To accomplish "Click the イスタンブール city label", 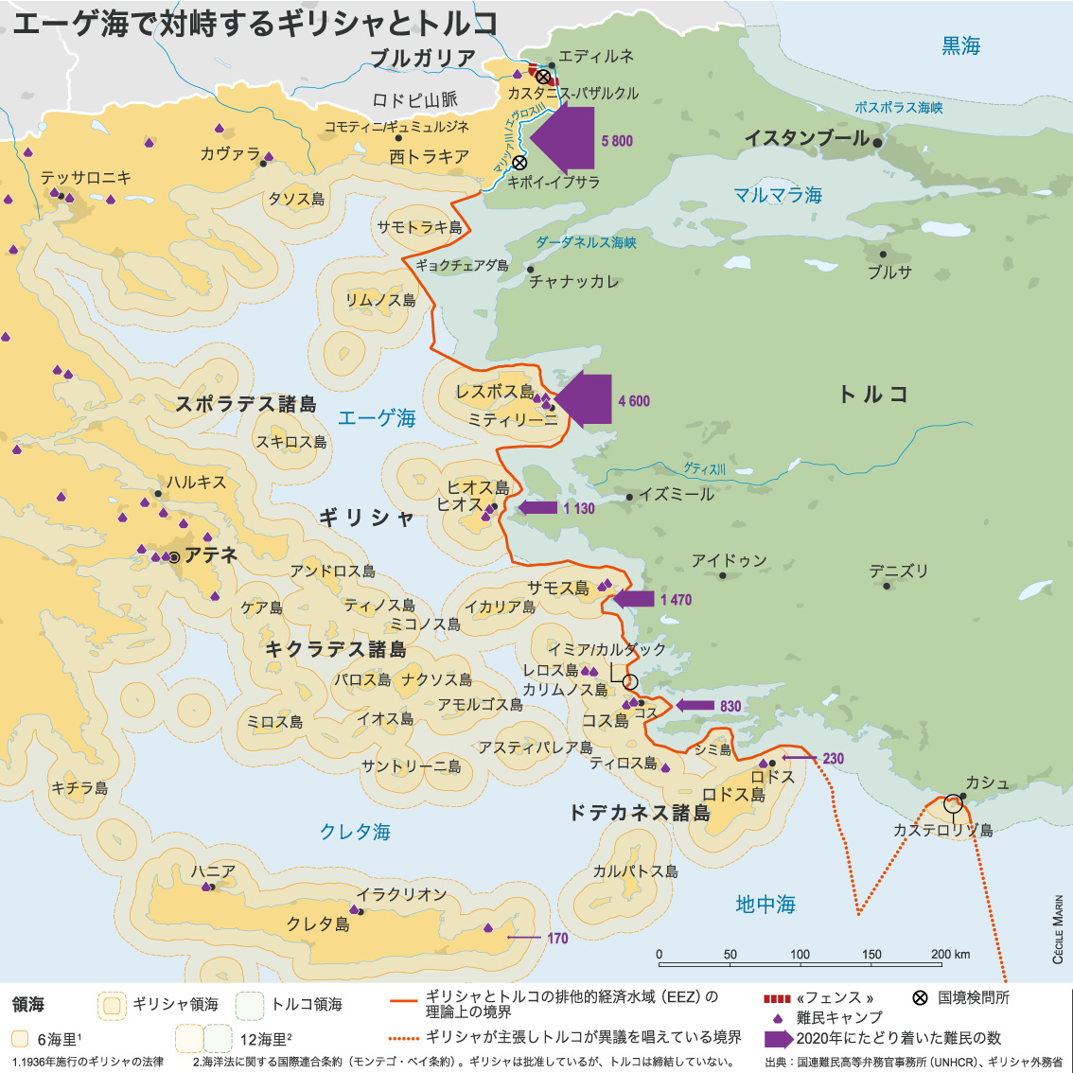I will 806,138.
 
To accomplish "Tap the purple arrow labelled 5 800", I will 566,138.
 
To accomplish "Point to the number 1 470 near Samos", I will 676,600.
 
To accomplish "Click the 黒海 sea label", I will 960,45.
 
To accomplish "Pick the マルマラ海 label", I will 778,195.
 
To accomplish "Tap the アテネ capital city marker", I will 174,557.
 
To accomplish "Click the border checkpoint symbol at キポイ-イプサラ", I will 519,163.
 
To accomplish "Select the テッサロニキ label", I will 86,177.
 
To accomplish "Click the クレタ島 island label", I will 318,923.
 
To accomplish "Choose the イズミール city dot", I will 630,497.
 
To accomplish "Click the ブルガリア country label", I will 422,59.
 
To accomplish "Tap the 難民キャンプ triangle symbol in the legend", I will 778,1018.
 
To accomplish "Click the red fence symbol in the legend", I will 776,998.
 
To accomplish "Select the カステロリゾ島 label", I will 942,830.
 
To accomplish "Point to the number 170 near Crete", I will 557,938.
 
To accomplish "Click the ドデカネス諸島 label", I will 639,813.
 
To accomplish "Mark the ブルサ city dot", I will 883,254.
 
